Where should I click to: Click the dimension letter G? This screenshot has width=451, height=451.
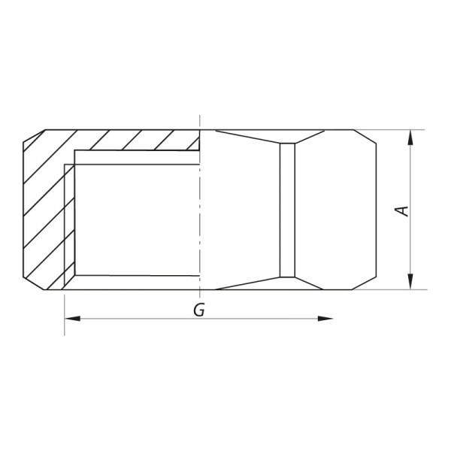(x=199, y=309)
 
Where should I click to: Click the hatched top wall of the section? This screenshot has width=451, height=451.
(x=135, y=140)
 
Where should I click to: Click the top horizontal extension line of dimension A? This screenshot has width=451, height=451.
(x=402, y=130)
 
